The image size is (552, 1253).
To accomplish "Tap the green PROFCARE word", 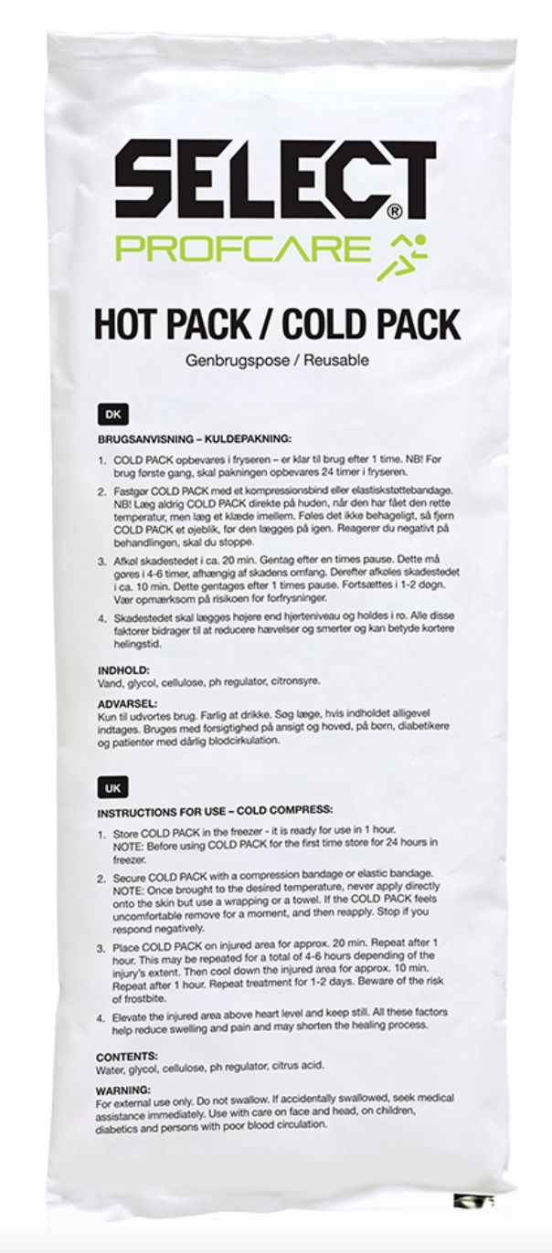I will point(246,249).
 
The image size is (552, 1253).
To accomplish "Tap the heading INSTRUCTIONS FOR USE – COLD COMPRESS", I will point(215,810).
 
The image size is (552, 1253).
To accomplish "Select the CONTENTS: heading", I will point(127,1056).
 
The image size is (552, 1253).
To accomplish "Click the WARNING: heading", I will point(123,1090).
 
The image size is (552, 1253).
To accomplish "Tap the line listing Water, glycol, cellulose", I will point(209,1066).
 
